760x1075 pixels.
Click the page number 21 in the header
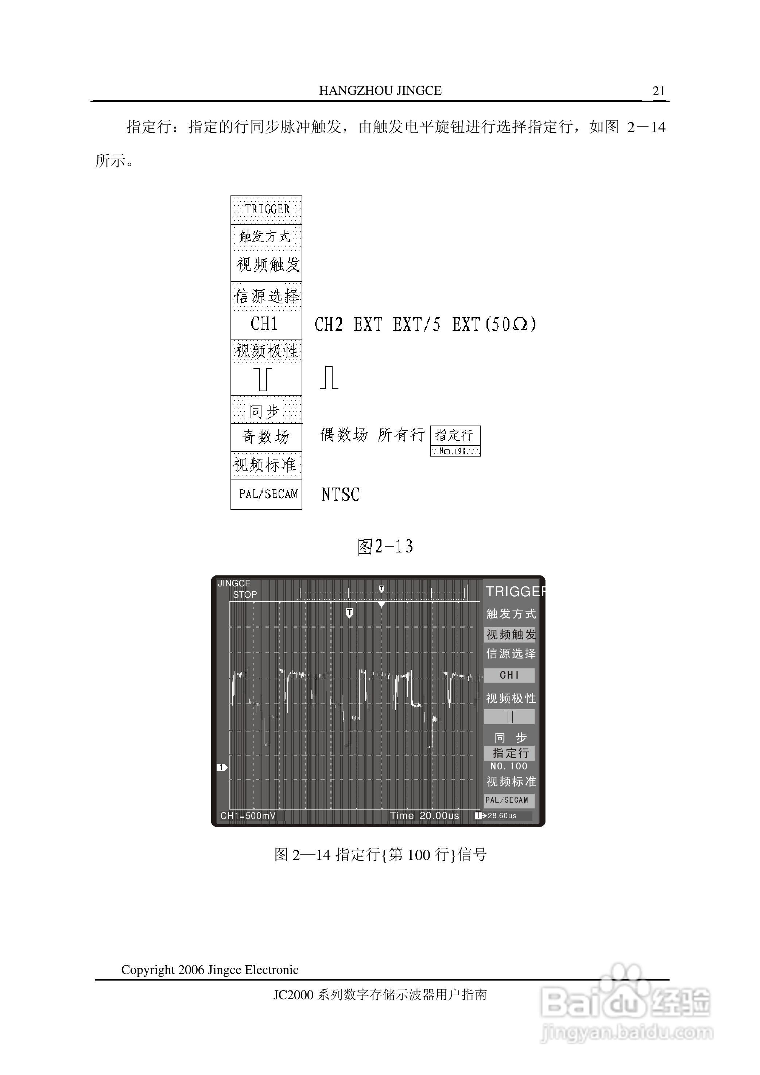pos(658,91)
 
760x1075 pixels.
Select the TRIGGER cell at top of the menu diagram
pos(267,209)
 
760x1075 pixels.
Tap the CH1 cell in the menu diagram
pos(265,324)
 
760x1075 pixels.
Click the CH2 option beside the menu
pos(328,325)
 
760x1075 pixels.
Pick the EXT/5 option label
pos(416,325)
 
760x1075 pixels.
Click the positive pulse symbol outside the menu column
pos(329,378)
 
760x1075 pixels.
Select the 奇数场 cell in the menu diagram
pos(266,437)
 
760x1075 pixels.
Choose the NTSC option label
pos(340,494)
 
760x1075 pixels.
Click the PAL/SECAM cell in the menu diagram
pos(268,494)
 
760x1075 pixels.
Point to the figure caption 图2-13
pos(385,546)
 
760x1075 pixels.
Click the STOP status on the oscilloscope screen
pos(245,595)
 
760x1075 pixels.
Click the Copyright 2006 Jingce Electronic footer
pos(210,969)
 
